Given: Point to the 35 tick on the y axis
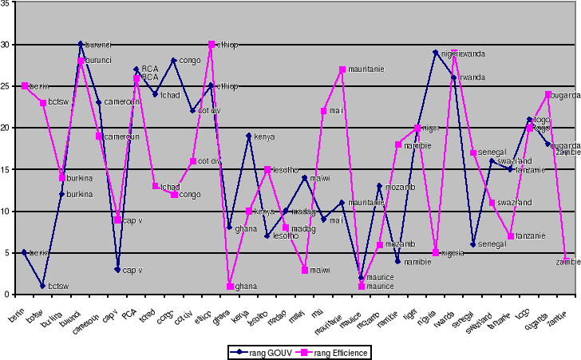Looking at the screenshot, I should (x=6, y=3).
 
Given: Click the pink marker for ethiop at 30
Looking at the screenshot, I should (x=211, y=45).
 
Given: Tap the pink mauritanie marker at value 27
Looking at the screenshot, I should (x=342, y=69).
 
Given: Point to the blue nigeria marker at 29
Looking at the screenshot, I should (x=436, y=53).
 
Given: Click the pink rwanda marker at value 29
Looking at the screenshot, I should (x=454, y=53).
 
